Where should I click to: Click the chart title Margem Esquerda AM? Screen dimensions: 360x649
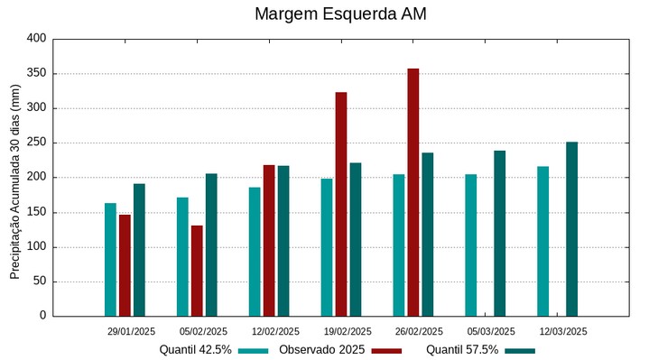coord(340,14)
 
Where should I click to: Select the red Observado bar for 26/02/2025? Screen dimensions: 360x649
coord(413,192)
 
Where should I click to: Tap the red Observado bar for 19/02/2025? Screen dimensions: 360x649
coord(341,204)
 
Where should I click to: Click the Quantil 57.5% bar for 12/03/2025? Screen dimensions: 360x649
coord(571,228)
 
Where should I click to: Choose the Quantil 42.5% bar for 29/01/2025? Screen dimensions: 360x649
coord(110,259)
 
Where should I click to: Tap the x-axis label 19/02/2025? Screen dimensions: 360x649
coord(348,331)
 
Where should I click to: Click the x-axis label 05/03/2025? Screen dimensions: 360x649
coord(492,331)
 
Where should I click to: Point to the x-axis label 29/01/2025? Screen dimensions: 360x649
coord(131,331)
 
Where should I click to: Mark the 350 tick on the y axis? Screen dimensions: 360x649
coord(36,73)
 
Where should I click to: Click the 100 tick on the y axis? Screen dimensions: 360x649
coord(36,247)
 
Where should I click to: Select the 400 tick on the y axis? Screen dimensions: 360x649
coord(36,39)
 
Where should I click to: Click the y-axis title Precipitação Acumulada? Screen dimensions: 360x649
coord(14,180)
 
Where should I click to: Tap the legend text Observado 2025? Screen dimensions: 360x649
coord(321,350)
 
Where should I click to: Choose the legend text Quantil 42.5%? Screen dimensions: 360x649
coord(195,350)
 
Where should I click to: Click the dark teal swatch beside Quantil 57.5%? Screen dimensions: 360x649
coord(520,350)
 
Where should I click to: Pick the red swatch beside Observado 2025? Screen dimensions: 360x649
coord(386,350)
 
